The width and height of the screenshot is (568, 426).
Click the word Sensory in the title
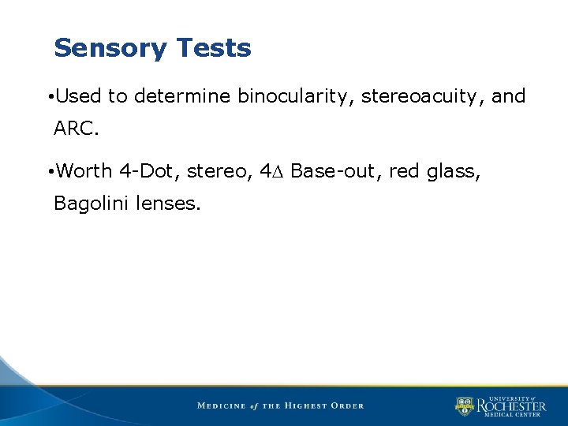[x=110, y=49]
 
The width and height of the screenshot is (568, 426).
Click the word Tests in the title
[x=214, y=49]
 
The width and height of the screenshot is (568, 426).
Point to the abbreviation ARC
[x=75, y=129]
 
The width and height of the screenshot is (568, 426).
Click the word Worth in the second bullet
[x=84, y=171]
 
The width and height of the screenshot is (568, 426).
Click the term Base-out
[x=336, y=171]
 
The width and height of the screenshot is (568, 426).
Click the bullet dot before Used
[x=50, y=98]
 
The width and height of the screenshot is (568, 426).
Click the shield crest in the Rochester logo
[x=464, y=406]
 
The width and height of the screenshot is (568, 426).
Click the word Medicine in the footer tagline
[x=221, y=406]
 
